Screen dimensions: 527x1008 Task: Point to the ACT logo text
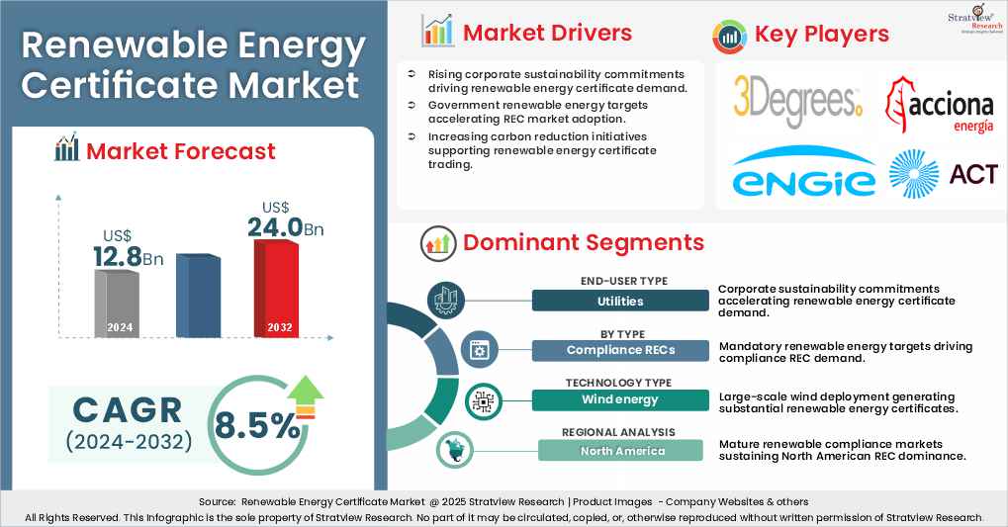pyautogui.click(x=973, y=175)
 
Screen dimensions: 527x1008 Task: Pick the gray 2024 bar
pyautogui.click(x=115, y=302)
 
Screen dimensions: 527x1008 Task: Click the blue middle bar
pyautogui.click(x=198, y=296)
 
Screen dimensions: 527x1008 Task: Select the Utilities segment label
pyautogui.click(x=620, y=301)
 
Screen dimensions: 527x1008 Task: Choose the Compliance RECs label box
pyautogui.click(x=620, y=350)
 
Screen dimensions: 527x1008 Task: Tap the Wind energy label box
pyautogui.click(x=620, y=399)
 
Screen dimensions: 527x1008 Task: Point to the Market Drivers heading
pyautogui.click(x=547, y=33)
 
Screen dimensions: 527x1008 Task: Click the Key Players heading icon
pyautogui.click(x=729, y=36)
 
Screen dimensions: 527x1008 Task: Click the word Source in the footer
pyautogui.click(x=215, y=502)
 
